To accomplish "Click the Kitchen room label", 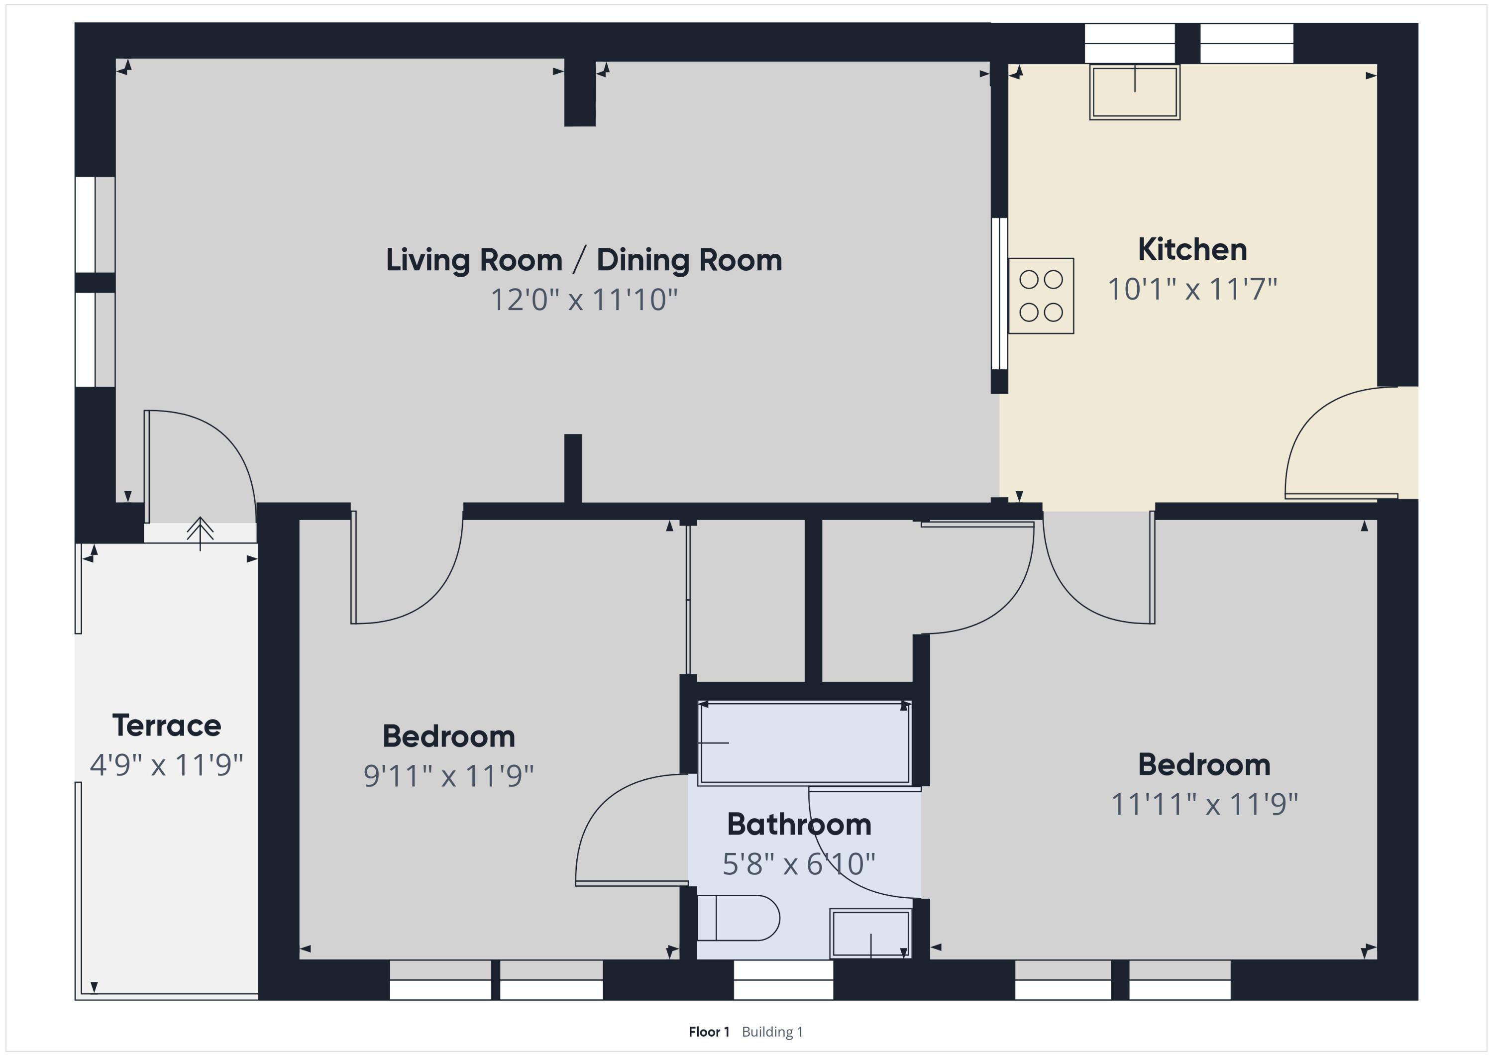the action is [1192, 250].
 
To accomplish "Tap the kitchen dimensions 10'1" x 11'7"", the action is [1192, 289].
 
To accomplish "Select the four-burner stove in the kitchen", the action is [1041, 296].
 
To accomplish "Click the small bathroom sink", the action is [870, 934].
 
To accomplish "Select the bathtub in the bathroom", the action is [804, 742].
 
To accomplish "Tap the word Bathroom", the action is [799, 825].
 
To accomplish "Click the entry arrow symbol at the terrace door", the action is [200, 533].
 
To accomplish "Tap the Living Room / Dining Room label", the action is [584, 260].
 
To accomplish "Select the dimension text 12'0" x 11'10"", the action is [584, 300].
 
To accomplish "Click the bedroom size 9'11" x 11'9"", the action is [449, 776].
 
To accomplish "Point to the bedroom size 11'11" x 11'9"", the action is [1204, 804].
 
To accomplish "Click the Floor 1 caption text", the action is [709, 1032].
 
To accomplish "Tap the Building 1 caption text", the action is [772, 1032].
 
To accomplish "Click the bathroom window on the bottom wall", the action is [783, 980].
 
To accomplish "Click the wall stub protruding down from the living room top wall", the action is [579, 93].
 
